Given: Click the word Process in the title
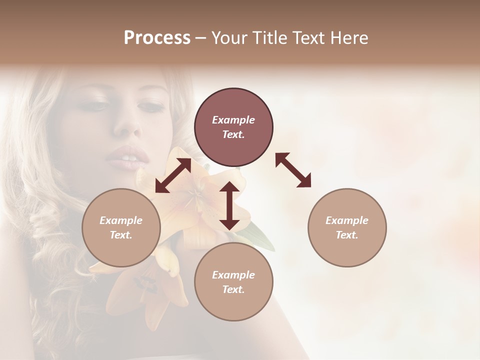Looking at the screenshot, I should pyautogui.click(x=157, y=38).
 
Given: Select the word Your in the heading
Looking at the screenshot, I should pyautogui.click(x=230, y=38).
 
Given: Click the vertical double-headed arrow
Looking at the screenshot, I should pyautogui.click(x=229, y=205).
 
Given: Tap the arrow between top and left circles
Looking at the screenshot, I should pyautogui.click(x=173, y=175).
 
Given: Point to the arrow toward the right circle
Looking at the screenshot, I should pyautogui.click(x=293, y=170).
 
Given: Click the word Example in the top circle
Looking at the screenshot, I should pyautogui.click(x=233, y=120).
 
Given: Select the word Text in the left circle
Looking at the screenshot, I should pyautogui.click(x=121, y=235).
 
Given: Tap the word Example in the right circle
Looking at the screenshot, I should pyautogui.click(x=347, y=220).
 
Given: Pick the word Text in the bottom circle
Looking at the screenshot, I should pyautogui.click(x=233, y=289).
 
